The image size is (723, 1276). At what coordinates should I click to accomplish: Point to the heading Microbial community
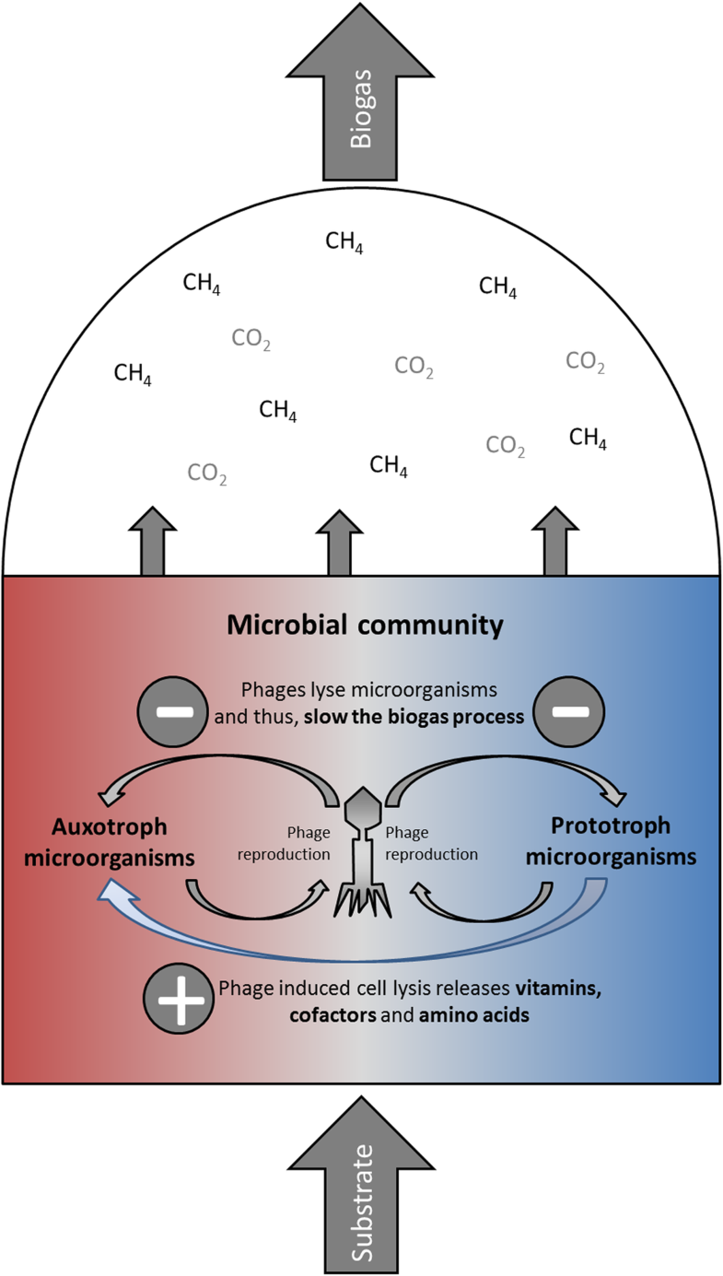[x=366, y=627]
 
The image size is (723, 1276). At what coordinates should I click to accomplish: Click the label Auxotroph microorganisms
[x=115, y=841]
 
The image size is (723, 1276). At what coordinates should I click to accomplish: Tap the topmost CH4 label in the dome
[x=344, y=243]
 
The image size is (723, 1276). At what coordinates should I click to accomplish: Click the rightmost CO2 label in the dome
[x=585, y=361]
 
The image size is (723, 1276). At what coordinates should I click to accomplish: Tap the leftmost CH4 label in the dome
[x=133, y=374]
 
